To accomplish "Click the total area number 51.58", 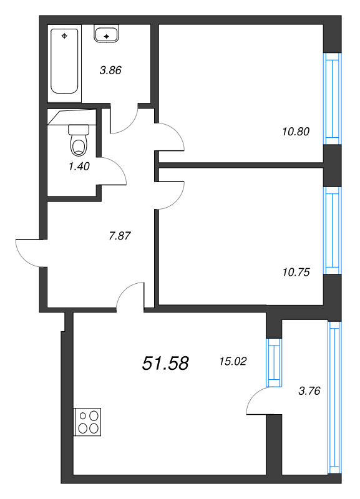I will [165, 364].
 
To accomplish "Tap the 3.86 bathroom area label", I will [110, 70].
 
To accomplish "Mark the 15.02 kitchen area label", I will [233, 360].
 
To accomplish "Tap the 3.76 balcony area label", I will [309, 391].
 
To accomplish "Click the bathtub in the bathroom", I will [65, 60].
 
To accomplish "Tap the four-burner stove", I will [87, 421].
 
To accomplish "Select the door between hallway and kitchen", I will [131, 296].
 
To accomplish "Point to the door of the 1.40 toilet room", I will [113, 170].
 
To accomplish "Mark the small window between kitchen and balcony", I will [272, 361].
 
